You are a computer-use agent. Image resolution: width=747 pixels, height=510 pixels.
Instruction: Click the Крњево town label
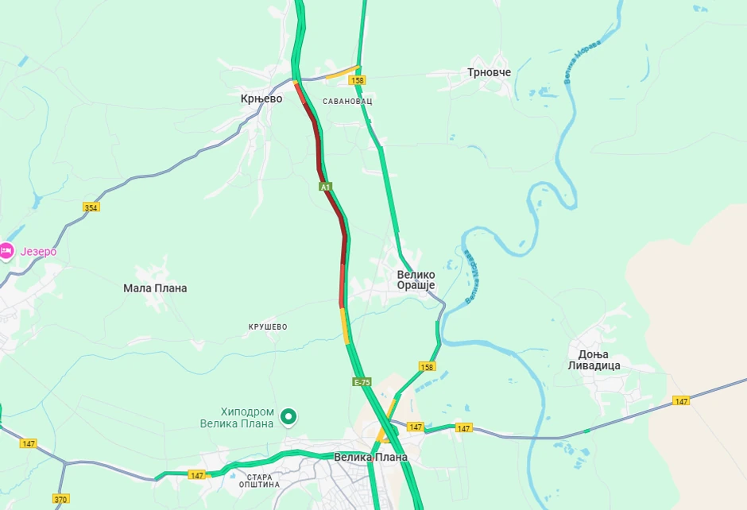[261, 99]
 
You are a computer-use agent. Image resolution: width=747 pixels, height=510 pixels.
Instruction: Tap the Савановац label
[348, 102]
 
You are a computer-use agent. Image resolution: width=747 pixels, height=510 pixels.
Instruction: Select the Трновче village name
[489, 73]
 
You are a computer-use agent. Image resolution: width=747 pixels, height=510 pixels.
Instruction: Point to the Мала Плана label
[156, 288]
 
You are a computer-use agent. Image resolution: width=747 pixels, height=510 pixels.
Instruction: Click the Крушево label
[268, 327]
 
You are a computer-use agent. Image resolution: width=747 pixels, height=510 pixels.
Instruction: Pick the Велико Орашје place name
[416, 280]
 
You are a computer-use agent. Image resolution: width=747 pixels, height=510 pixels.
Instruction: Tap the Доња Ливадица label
[594, 359]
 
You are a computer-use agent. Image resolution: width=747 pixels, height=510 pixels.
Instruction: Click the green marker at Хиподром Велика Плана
[289, 415]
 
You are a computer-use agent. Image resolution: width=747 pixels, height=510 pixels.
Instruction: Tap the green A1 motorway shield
[325, 187]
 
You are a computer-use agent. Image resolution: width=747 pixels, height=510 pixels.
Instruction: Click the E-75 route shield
[362, 383]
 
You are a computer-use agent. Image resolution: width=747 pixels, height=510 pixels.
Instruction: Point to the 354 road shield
[91, 207]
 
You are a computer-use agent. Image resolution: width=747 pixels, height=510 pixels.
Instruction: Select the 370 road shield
[61, 499]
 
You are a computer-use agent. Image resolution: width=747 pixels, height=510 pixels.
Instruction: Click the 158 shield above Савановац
[358, 80]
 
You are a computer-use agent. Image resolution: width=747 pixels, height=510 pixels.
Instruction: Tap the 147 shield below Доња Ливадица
[681, 401]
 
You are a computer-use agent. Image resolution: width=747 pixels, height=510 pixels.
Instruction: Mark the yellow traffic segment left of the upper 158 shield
[343, 73]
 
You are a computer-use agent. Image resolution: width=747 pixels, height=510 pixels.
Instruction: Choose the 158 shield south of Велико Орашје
[428, 366]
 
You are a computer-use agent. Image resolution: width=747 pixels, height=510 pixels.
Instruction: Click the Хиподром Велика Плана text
[247, 418]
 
